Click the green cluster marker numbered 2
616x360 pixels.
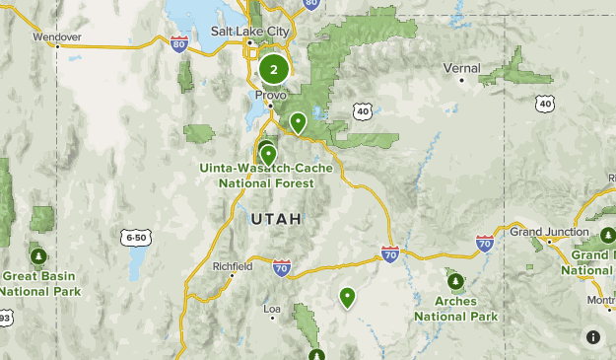tap(274, 70)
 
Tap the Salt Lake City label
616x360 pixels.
tap(251, 32)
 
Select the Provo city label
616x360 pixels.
tap(271, 96)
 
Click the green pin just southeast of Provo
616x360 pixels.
tap(298, 122)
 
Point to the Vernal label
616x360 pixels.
tap(461, 68)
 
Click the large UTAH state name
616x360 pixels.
tap(276, 218)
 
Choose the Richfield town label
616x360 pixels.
tap(233, 266)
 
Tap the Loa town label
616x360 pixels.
tap(272, 309)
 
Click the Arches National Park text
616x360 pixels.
tap(455, 309)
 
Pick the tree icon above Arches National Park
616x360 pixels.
tap(454, 279)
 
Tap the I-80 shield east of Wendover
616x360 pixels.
tap(178, 43)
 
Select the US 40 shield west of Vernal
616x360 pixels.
tap(364, 111)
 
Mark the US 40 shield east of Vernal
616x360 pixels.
tap(545, 103)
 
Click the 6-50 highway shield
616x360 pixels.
tap(136, 238)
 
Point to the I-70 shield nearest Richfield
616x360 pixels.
tap(282, 267)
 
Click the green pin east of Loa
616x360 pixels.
tap(347, 296)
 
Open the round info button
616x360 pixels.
tap(593, 337)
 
